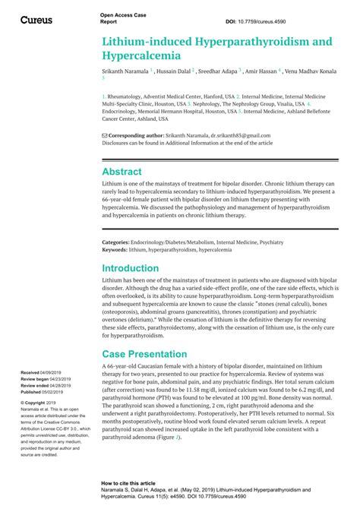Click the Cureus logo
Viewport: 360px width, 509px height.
pyautogui.click(x=36, y=20)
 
